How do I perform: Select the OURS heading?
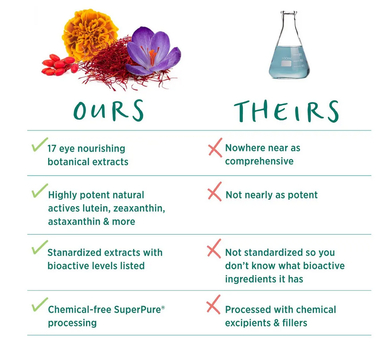109,110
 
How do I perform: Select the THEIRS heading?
286,111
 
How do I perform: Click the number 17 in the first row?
52,149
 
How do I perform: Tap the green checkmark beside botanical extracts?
40,144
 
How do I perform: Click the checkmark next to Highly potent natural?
40,190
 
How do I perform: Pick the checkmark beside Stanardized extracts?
40,247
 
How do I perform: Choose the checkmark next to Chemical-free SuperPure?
40,304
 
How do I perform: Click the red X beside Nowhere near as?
215,148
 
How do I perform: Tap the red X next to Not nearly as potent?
215,191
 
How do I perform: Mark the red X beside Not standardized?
214,249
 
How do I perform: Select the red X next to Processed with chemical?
214,304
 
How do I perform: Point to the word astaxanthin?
74,222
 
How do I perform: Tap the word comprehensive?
259,162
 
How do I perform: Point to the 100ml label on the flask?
286,58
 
